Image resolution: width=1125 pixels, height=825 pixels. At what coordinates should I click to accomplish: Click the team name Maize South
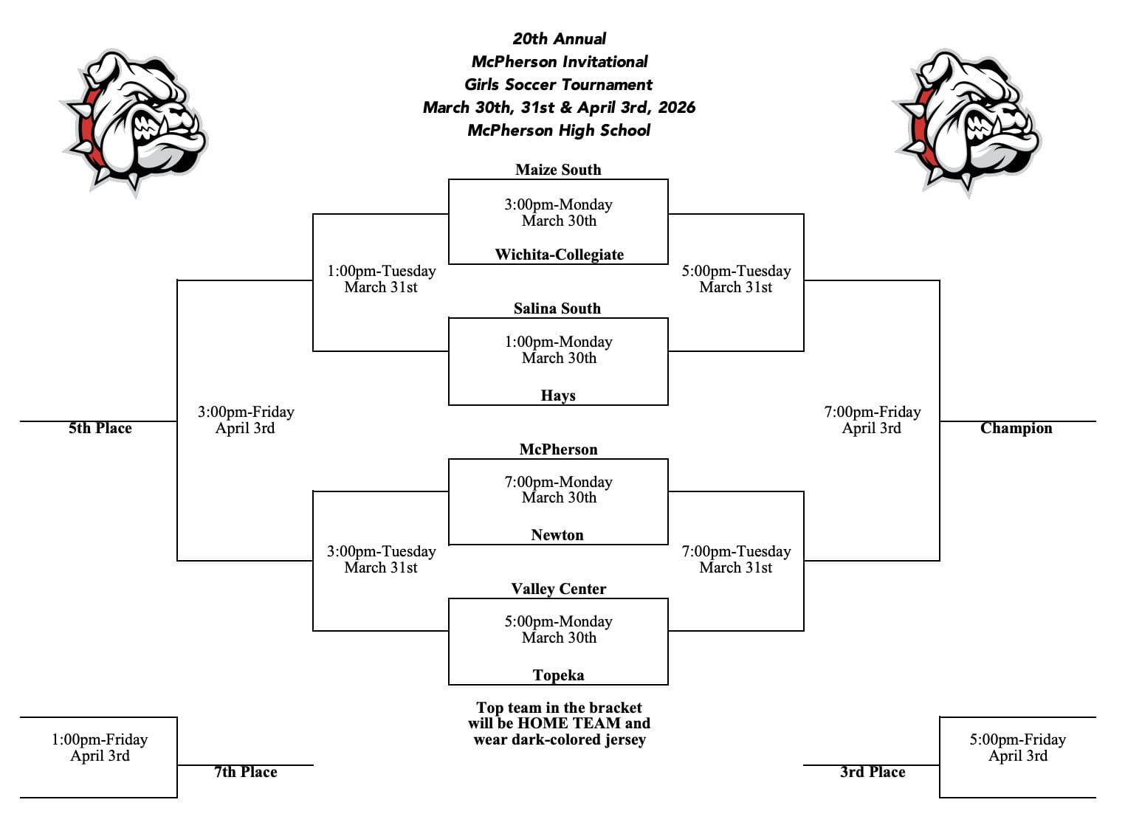558,170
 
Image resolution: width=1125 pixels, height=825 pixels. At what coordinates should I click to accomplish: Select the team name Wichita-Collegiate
559,255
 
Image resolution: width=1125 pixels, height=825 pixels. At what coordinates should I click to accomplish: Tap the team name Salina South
557,308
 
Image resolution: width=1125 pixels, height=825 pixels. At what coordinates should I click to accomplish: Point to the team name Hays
558,396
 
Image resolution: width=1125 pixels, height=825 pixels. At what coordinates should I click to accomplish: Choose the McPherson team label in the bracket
558,449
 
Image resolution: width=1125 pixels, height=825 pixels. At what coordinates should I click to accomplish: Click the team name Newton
557,535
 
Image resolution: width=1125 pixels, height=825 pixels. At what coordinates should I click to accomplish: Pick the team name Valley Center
558,589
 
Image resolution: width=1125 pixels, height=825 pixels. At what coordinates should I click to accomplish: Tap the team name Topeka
558,675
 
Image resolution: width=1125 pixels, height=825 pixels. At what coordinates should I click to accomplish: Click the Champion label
1016,428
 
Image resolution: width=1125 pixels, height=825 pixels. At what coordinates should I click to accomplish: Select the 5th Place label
100,428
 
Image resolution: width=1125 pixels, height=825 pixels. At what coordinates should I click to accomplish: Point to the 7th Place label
246,772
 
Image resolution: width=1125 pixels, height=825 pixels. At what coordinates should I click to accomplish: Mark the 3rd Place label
873,772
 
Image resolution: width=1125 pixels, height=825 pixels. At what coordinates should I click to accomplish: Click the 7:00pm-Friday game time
872,412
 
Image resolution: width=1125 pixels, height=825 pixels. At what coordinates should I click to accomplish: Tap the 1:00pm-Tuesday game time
381,271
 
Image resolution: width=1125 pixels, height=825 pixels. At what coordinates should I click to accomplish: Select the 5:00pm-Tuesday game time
736,271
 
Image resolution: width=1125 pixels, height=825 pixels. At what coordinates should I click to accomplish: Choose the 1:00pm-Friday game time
100,739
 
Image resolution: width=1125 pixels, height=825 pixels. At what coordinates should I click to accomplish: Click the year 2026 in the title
676,108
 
